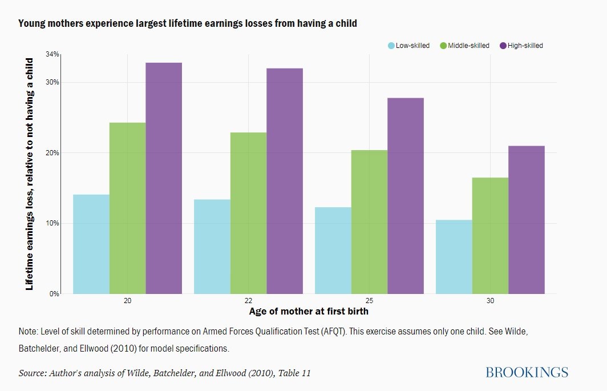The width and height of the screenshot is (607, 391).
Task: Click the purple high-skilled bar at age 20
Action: [x=164, y=178]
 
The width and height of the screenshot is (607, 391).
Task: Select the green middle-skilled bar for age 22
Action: [x=248, y=213]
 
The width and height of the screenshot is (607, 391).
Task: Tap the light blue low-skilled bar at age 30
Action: [x=454, y=257]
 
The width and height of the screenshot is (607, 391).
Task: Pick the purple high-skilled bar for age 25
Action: [x=406, y=196]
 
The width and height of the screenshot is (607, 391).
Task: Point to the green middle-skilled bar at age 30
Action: [x=490, y=236]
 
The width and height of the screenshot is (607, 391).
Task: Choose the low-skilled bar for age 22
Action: [x=212, y=247]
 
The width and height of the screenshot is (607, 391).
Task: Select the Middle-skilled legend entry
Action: [x=465, y=46]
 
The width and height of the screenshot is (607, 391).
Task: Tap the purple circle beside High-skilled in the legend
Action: [x=503, y=46]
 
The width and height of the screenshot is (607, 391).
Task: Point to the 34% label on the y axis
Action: [x=52, y=55]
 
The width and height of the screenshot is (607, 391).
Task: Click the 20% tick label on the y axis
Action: [x=52, y=153]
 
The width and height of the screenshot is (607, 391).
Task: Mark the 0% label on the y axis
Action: [x=55, y=294]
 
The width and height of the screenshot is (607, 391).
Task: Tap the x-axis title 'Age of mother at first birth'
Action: [x=309, y=312]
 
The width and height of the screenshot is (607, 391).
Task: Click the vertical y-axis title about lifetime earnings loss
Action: [x=30, y=174]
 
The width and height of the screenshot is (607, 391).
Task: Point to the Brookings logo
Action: [x=527, y=373]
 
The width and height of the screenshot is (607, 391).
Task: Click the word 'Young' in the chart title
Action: [x=31, y=23]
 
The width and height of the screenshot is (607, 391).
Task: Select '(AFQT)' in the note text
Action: [x=337, y=331]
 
